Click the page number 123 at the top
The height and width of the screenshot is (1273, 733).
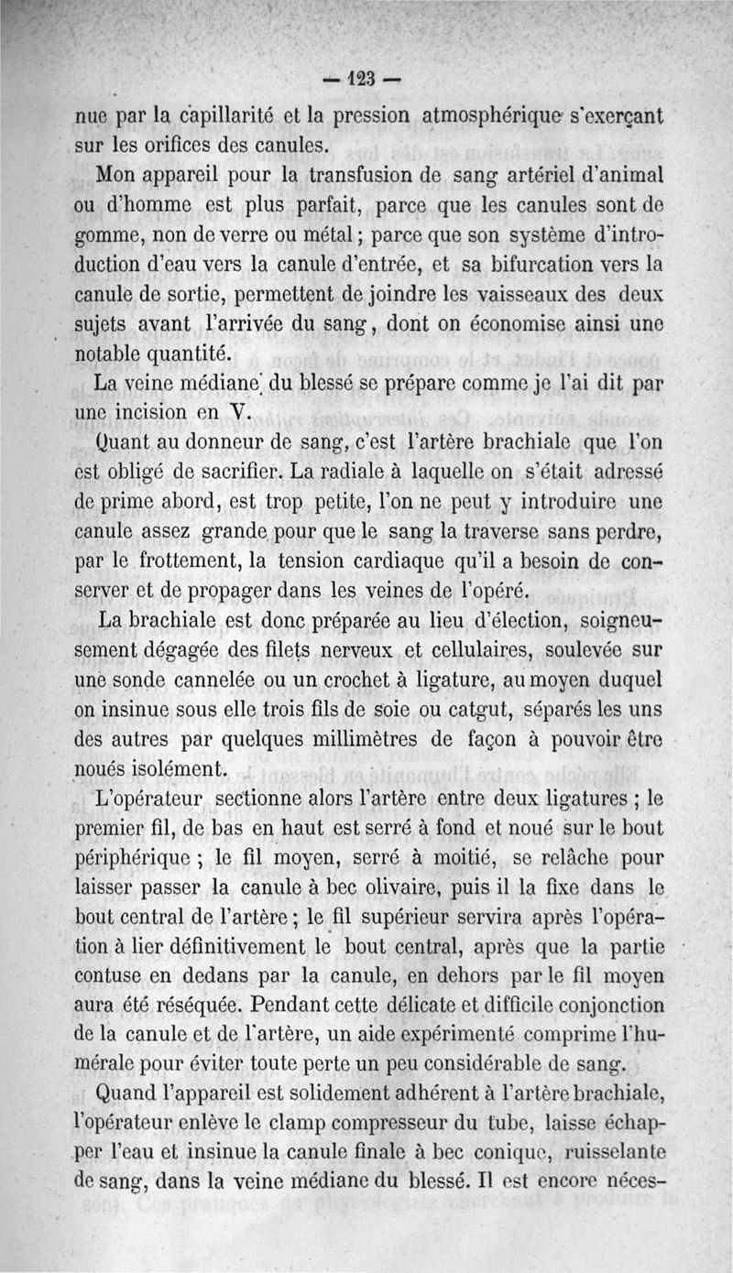(366, 80)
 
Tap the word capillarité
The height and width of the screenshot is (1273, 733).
(189, 117)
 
